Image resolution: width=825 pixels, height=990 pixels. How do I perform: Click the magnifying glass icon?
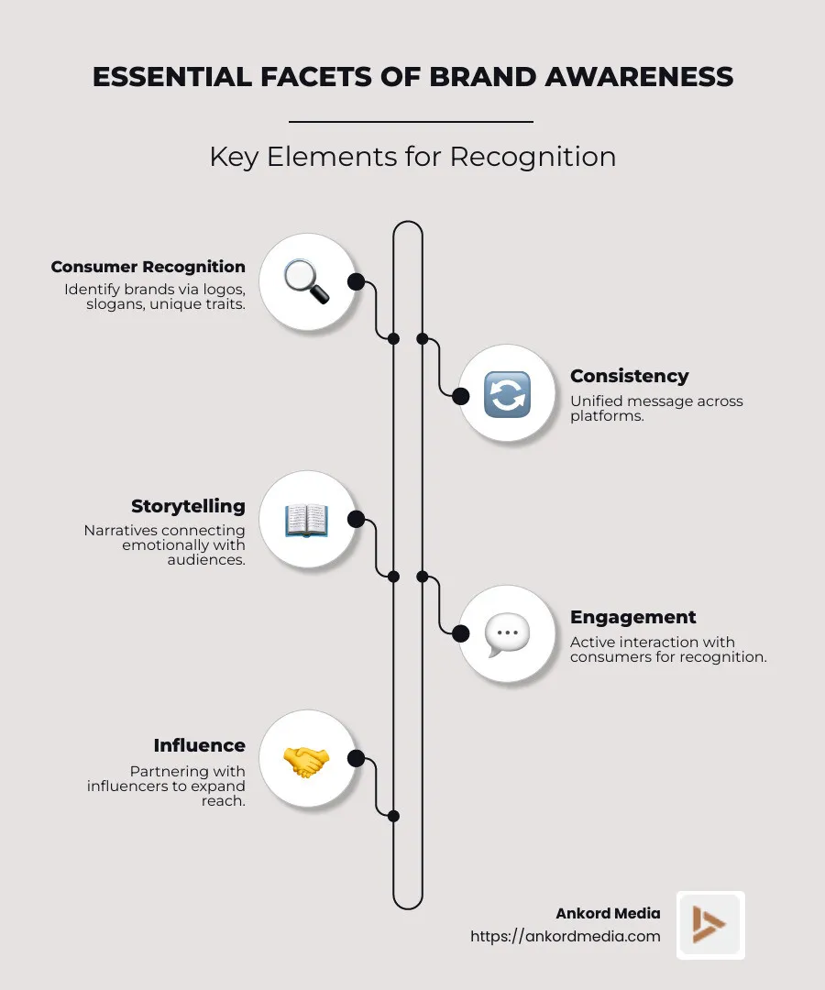click(x=306, y=280)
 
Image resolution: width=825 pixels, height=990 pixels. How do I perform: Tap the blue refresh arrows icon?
click(x=507, y=395)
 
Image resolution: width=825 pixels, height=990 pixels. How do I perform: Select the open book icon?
click(x=306, y=521)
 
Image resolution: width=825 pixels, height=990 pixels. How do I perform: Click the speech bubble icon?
click(x=507, y=633)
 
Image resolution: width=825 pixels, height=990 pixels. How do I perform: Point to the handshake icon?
click(x=306, y=759)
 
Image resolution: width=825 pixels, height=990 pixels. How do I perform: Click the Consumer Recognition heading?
click(x=148, y=267)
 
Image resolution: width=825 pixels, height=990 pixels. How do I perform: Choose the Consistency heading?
click(x=629, y=376)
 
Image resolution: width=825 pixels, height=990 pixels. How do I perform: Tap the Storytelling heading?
click(x=188, y=506)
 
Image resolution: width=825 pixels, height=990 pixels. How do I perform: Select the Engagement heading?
click(x=633, y=617)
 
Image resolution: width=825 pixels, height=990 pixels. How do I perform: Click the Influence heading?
click(x=199, y=745)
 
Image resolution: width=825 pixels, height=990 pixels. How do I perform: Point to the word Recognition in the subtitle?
click(x=533, y=157)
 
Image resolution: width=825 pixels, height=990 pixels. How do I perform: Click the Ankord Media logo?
click(x=710, y=924)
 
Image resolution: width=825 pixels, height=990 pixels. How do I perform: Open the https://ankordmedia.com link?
click(x=565, y=936)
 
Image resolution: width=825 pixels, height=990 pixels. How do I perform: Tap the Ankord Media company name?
click(x=608, y=913)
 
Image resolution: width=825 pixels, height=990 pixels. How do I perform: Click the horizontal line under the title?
click(x=411, y=121)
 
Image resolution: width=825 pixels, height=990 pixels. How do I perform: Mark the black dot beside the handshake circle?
click(x=357, y=758)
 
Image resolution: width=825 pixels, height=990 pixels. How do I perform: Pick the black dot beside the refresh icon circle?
click(x=461, y=396)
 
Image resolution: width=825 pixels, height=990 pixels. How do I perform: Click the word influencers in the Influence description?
click(x=134, y=786)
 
